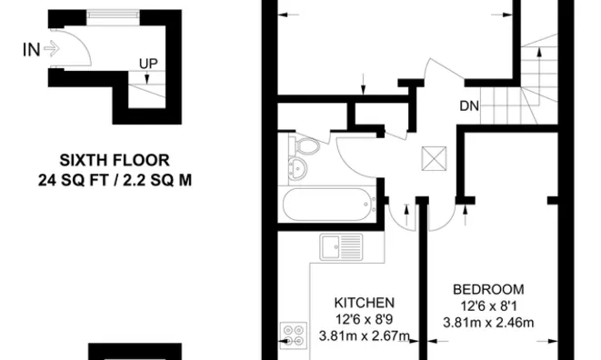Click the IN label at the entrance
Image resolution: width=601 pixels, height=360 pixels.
[30, 49]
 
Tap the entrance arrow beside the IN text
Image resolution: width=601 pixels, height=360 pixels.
[51, 50]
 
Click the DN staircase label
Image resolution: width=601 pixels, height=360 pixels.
[468, 106]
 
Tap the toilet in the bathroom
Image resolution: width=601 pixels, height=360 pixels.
[307, 146]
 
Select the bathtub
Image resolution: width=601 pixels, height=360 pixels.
[326, 205]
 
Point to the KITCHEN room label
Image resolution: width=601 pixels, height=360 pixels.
[364, 303]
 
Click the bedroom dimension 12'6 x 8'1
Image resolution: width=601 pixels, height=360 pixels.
[487, 305]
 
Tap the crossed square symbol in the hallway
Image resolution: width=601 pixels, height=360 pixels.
[430, 161]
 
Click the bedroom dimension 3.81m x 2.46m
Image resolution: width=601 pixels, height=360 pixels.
[487, 323]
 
